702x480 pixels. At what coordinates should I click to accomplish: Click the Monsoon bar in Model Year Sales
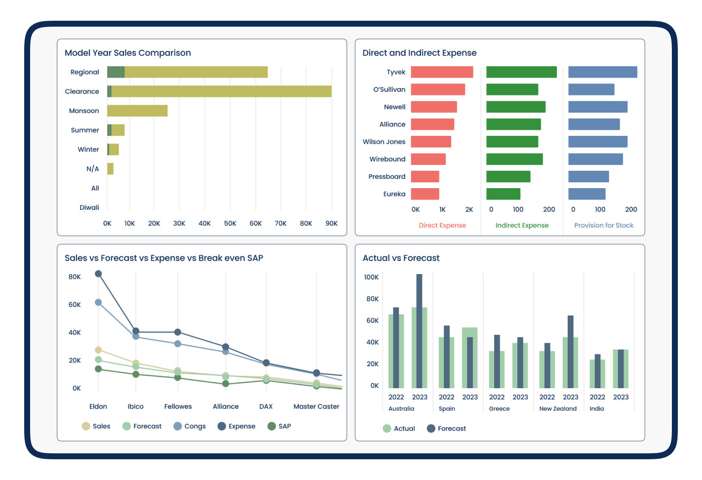click(137, 111)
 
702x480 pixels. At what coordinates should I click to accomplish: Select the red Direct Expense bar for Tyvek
click(442, 72)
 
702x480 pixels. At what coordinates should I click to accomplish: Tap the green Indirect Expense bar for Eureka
click(504, 194)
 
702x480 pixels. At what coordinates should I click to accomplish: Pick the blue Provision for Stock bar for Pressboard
click(588, 176)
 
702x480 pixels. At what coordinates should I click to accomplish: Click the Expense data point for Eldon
click(98, 274)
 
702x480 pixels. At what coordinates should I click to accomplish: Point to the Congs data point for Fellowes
click(178, 344)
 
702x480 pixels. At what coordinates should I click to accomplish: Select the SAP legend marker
click(272, 426)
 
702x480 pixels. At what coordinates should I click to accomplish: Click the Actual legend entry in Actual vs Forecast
click(398, 428)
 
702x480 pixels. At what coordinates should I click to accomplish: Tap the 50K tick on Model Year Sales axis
click(230, 223)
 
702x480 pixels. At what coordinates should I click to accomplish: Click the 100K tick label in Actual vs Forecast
click(371, 277)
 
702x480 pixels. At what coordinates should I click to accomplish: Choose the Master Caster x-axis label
click(316, 406)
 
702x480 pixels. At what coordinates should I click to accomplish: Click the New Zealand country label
click(558, 408)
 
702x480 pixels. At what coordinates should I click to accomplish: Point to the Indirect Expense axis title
click(522, 225)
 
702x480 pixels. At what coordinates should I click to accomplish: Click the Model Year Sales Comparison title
click(128, 53)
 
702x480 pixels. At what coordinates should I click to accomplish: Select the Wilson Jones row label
click(384, 142)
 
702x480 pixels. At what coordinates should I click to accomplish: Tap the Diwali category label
click(89, 207)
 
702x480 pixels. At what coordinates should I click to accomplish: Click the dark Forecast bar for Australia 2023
click(419, 331)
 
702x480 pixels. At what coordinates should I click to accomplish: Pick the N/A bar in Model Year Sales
click(110, 169)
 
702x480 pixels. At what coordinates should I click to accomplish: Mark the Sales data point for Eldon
click(98, 350)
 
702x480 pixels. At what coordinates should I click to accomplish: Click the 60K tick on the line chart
click(75, 304)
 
